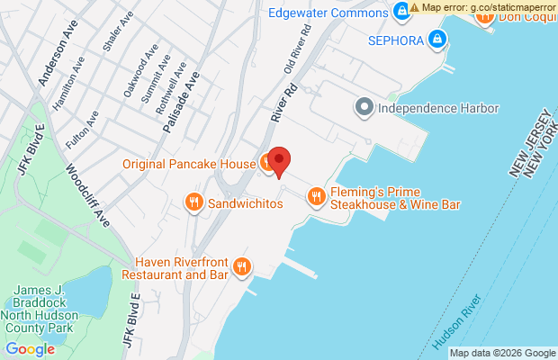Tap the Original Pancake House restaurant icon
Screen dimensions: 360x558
(267, 163)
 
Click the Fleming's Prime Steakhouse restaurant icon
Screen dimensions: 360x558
(316, 196)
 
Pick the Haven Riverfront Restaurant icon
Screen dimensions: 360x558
(241, 266)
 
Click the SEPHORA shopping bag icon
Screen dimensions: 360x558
(436, 39)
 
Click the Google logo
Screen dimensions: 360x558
(30, 349)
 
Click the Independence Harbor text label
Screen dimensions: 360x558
(437, 109)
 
